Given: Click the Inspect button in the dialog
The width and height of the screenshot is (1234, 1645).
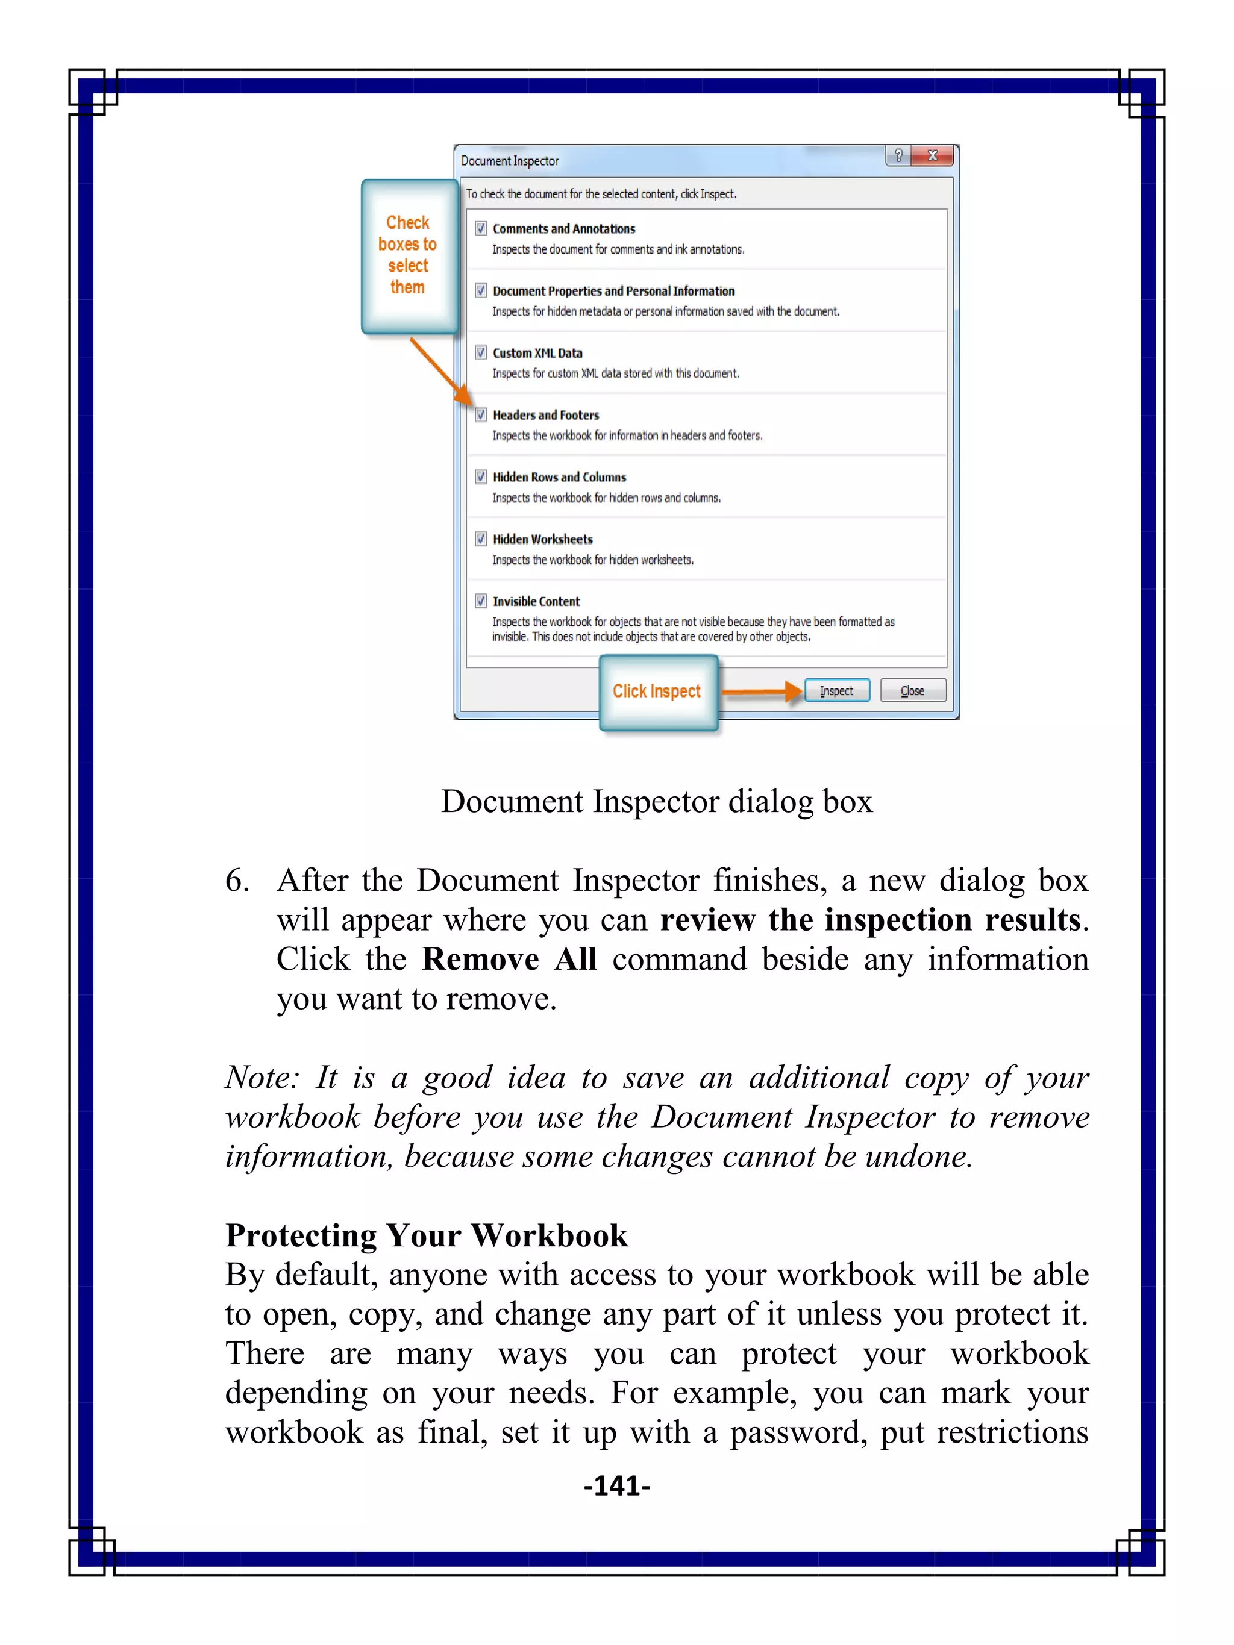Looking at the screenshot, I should tap(836, 691).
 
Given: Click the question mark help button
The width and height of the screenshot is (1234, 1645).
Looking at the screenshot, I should tap(898, 155).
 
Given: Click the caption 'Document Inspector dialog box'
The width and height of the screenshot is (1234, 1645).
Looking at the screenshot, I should tap(656, 802).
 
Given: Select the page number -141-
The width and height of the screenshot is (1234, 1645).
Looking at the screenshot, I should tap(616, 1486).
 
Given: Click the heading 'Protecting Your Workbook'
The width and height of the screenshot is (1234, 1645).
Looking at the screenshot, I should tap(426, 1235).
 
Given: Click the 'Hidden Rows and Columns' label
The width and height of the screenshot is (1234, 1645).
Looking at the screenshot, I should tap(559, 476).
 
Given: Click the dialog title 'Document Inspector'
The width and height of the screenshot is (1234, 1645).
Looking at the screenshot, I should tap(510, 161).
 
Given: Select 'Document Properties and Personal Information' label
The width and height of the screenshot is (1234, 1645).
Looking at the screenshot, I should tap(613, 291).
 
